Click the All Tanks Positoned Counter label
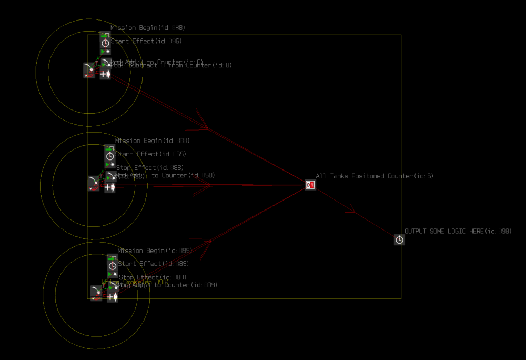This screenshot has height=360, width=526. [x=375, y=176]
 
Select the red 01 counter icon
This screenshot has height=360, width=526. [x=310, y=185]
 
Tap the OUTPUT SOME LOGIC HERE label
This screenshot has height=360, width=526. [x=458, y=232]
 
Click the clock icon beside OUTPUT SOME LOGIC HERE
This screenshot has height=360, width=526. [x=400, y=240]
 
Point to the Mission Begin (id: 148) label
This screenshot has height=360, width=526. [x=148, y=28]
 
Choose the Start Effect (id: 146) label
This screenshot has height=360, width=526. [x=146, y=41]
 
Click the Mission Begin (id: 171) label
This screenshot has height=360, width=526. [x=152, y=141]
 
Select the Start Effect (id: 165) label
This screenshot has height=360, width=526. [x=150, y=154]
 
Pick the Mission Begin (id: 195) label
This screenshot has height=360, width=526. [x=155, y=251]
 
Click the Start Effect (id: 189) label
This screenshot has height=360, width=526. [x=153, y=264]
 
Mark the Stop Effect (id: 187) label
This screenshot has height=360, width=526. [x=153, y=277]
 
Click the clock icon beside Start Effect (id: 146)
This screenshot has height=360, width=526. [x=105, y=43]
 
